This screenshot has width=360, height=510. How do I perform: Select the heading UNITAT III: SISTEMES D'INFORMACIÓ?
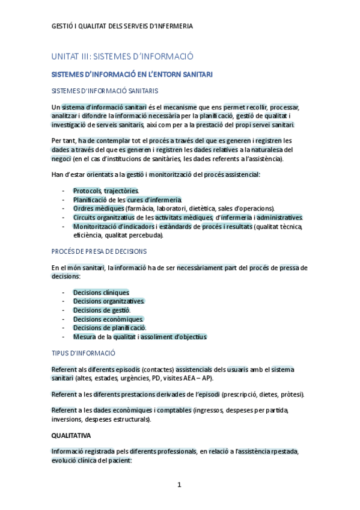point(122,56)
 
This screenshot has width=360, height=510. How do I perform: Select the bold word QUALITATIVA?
point(71,434)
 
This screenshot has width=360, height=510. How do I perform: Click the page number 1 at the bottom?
point(179,484)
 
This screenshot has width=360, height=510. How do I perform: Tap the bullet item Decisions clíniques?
point(101,292)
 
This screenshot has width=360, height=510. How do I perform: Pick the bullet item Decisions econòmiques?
point(108,319)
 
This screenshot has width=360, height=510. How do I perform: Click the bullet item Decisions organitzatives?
point(109,301)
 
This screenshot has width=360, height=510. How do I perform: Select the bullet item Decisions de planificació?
point(109,328)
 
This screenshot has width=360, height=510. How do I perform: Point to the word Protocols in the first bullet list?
point(87,191)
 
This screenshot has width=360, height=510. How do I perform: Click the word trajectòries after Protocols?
point(121,191)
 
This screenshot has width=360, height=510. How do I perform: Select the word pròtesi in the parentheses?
point(290,394)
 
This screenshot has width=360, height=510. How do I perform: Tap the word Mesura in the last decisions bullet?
point(85,337)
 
